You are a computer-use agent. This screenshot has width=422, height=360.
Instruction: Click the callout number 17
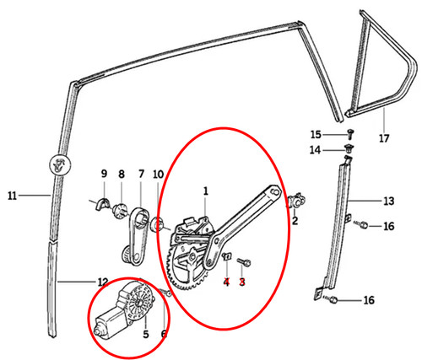(x=384, y=138)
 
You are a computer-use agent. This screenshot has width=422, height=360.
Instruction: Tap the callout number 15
(x=316, y=135)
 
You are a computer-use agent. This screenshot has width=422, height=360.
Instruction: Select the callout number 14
(x=315, y=150)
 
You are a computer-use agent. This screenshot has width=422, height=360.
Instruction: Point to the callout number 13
(x=389, y=201)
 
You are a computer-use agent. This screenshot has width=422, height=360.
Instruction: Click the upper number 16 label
(x=389, y=226)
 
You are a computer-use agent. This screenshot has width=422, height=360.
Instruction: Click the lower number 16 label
(x=369, y=300)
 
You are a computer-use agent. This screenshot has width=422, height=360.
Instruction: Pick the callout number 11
(x=12, y=196)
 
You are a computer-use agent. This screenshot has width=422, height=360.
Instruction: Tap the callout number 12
(x=103, y=282)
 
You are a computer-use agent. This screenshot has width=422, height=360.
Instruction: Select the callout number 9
(x=104, y=174)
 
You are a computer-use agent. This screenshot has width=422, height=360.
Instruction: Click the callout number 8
(x=122, y=175)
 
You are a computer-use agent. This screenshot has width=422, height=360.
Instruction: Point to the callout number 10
(x=159, y=175)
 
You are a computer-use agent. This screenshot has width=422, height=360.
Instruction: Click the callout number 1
(x=206, y=191)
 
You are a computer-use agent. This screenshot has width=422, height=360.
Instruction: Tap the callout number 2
(x=295, y=221)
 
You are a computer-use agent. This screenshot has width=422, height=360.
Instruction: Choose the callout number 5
(x=145, y=335)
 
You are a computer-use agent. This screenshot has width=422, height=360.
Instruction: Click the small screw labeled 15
(x=350, y=134)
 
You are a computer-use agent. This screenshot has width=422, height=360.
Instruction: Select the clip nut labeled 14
(x=349, y=148)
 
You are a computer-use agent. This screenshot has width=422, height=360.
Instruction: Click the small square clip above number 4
(x=227, y=256)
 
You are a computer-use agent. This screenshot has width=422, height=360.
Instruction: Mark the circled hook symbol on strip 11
(x=60, y=165)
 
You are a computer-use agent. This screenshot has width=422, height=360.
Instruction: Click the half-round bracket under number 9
(x=103, y=203)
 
